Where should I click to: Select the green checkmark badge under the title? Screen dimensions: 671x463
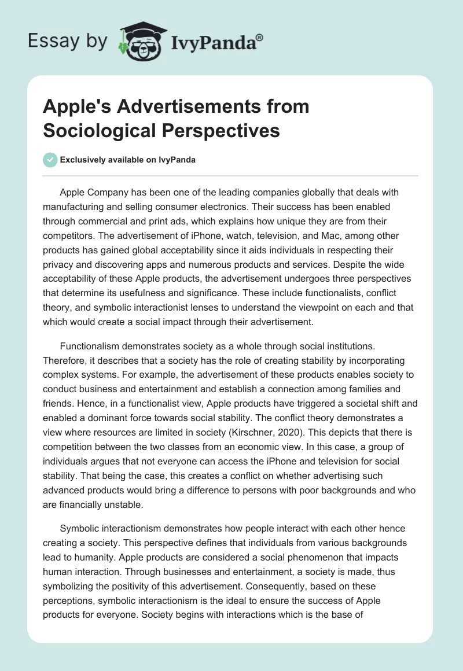50,160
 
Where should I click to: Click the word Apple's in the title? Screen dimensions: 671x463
74,107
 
